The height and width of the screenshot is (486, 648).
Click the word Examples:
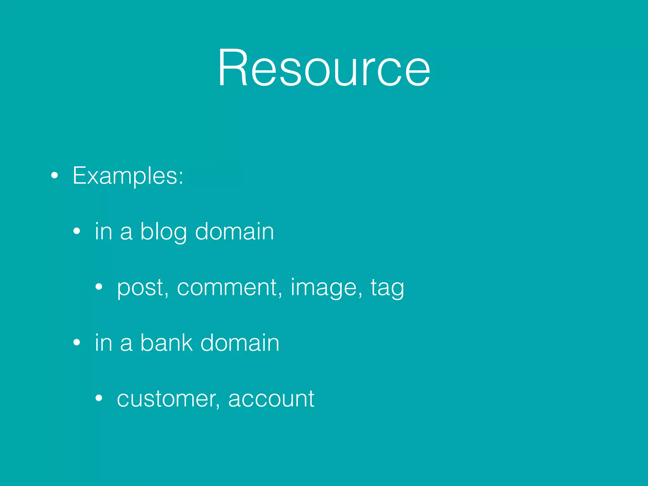point(128,176)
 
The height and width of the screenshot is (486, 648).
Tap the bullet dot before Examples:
point(55,176)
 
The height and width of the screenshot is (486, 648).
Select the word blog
point(164,232)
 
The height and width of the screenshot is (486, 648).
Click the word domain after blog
point(234,232)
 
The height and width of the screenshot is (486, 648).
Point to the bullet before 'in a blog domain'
point(77,232)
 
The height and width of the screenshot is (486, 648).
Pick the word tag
point(387,288)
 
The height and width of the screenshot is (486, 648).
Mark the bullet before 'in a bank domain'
point(77,343)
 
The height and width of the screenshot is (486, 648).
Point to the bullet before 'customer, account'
point(99,398)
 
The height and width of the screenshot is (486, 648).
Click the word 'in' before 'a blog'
point(103,232)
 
